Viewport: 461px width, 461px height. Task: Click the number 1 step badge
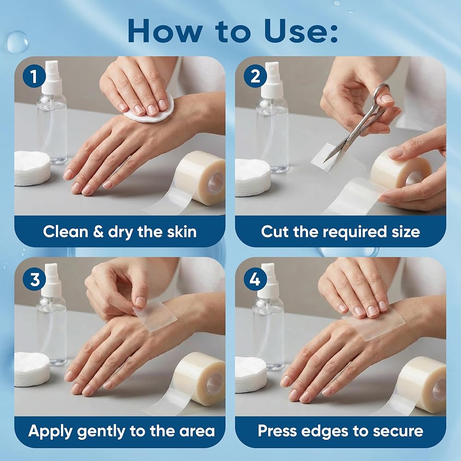pos(35,76)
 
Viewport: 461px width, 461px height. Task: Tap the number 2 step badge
pos(255,76)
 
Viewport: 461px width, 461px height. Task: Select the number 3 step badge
pos(35,279)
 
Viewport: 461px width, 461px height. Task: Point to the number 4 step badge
pos(255,279)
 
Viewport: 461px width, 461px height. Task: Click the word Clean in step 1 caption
pos(65,232)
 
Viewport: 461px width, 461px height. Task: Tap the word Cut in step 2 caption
pos(275,232)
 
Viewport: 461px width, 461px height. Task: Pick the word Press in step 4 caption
pos(277,431)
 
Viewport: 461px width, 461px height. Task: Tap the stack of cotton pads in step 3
pos(32,369)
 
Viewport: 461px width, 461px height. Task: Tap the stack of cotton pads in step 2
pos(253,177)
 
